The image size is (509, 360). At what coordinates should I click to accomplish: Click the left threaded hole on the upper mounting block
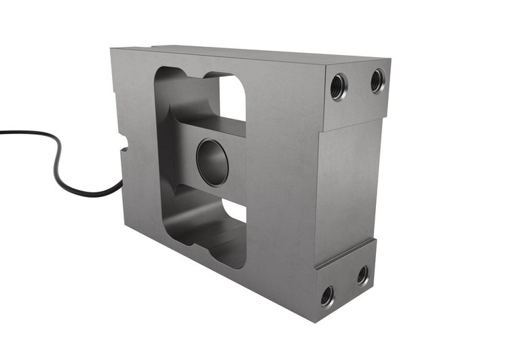coord(338,86)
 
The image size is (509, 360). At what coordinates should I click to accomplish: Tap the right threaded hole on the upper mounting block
coord(377,81)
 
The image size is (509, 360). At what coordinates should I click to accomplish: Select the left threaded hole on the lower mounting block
coord(327,295)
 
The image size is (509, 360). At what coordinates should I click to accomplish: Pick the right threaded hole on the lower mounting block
coord(363,274)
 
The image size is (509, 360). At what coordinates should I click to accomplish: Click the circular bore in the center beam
coord(212,161)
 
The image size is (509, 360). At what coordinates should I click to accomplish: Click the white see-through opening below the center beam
coord(234,211)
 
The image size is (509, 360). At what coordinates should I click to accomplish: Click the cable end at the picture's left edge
coord(2,132)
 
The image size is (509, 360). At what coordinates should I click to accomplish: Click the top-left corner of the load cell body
coord(112,49)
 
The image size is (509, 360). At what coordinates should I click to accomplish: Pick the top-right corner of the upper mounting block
coord(390,61)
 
